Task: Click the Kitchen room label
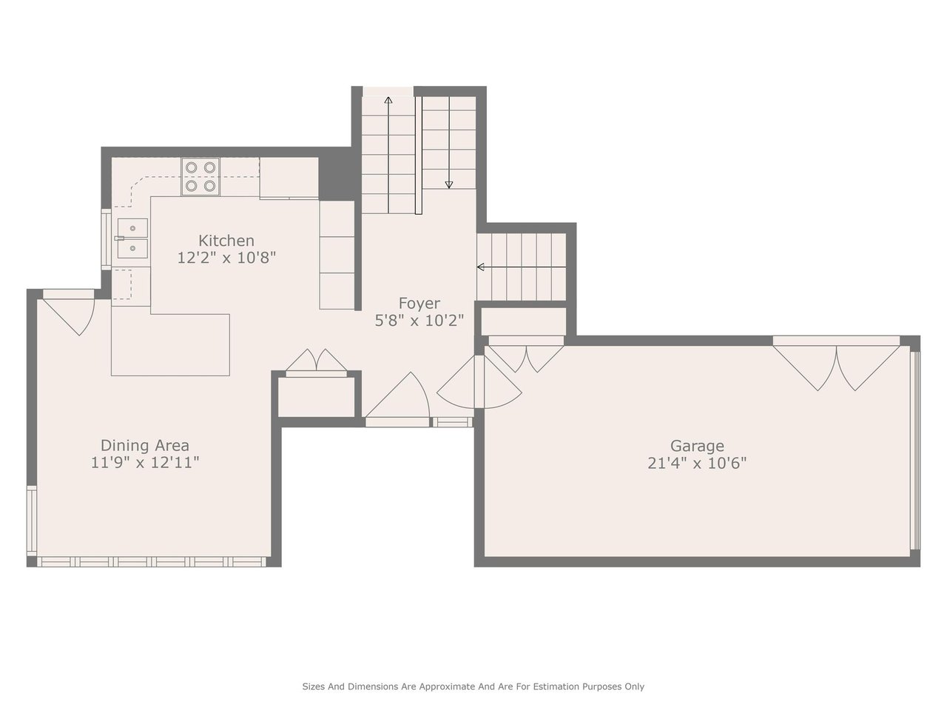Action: (226, 241)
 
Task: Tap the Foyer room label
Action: (419, 304)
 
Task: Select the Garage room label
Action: (697, 446)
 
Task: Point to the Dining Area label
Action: (145, 445)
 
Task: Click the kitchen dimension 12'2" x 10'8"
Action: (226, 258)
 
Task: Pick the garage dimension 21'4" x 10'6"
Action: (697, 464)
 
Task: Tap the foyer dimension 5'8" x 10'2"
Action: (419, 321)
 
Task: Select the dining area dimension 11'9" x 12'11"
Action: (145, 463)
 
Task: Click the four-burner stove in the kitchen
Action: (200, 176)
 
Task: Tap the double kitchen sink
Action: (133, 238)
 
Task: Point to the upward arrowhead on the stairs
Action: (388, 101)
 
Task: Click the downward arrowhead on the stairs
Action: (448, 184)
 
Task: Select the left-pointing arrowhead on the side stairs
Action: (481, 267)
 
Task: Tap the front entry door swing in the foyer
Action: (397, 395)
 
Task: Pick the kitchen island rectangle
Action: (170, 345)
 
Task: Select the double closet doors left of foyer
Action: (316, 360)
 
